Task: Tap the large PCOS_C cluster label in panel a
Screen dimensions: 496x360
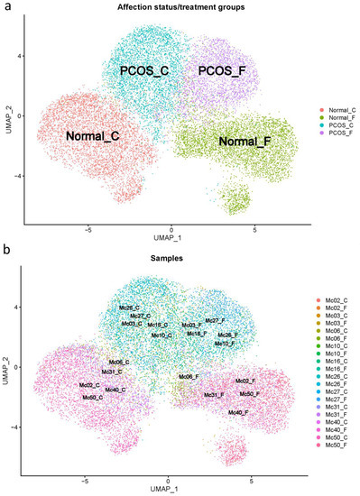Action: tap(148, 69)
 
